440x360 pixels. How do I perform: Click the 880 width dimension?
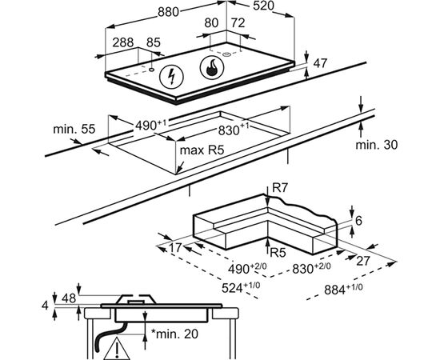coord(168,12)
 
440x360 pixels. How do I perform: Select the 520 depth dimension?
coord(263,6)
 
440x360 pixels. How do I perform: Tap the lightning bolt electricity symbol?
coord(171,76)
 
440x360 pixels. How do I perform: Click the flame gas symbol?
coord(212,68)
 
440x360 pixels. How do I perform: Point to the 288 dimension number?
coord(123,42)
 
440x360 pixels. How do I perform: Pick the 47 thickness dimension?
coord(320,63)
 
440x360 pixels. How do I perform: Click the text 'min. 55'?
coord(74,129)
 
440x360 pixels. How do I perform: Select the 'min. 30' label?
coord(377,145)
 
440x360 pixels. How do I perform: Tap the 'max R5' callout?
coord(202,150)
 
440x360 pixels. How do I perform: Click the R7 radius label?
coord(280,188)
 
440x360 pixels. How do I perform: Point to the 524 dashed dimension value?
coord(241,288)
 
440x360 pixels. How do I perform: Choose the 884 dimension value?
coord(343,290)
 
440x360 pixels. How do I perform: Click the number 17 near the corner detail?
coord(176,248)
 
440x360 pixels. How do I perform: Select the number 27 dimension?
coord(363,261)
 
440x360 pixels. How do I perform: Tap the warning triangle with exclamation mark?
coord(116,349)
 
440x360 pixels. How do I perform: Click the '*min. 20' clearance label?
coord(174,334)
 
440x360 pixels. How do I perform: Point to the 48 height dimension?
coord(69,298)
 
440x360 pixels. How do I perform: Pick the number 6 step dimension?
coord(358,221)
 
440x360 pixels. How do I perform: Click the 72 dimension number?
coord(238,23)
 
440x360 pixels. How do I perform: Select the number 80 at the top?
coord(211,23)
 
